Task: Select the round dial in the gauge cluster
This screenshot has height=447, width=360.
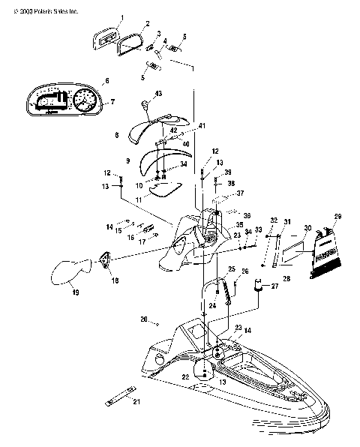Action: pyautogui.click(x=84, y=100)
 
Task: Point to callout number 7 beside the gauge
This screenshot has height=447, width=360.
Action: pyautogui.click(x=112, y=101)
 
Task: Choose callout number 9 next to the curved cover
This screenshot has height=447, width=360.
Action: pyautogui.click(x=127, y=160)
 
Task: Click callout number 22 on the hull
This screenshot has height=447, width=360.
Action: pyautogui.click(x=184, y=376)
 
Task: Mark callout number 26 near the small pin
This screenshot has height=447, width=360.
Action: pyautogui.click(x=244, y=271)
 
